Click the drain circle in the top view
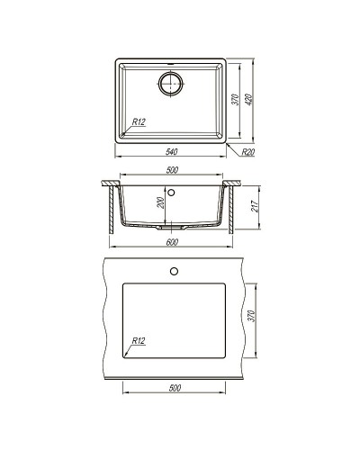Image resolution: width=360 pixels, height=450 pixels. coord(172,84)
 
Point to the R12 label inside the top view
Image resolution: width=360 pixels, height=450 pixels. coord(139,121)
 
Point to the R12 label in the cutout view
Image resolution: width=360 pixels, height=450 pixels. coord(138,341)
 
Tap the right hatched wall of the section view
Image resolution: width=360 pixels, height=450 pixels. coord(234,211)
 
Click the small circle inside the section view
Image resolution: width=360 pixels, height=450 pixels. coord(175,192)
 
